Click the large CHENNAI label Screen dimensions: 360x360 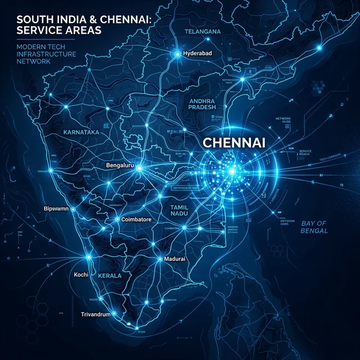pos(233,143)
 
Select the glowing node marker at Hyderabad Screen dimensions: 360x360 pos(178,54)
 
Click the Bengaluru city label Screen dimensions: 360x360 pos(122,166)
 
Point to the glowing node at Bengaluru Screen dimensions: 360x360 pos(139,167)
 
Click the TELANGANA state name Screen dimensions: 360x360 pos(202,32)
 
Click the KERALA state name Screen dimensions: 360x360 pos(110,277)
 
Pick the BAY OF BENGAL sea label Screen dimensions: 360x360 pos(314,227)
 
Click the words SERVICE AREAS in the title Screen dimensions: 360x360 pos(52,30)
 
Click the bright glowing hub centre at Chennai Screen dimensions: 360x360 pos(230,170)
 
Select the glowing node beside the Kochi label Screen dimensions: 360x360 pos(89,258)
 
